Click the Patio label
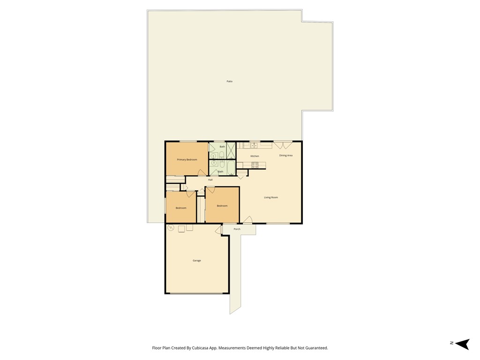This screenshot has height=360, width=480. pyautogui.click(x=230, y=82)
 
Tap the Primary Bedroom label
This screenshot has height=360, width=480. pyautogui.click(x=187, y=160)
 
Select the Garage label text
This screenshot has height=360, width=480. pyautogui.click(x=197, y=261)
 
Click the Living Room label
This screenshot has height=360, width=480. pyautogui.click(x=271, y=197)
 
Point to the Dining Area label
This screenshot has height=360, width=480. pyautogui.click(x=286, y=155)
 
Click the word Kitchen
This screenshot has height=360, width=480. pyautogui.click(x=255, y=156)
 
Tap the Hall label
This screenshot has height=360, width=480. pyautogui.click(x=210, y=180)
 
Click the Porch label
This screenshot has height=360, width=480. pyautogui.click(x=237, y=229)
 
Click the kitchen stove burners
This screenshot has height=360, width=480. pyautogui.click(x=255, y=165)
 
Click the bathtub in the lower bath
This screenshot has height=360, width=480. pyautogui.click(x=231, y=168)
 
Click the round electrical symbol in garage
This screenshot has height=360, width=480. pyautogui.click(x=171, y=228)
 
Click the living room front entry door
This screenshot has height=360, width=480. pyautogui.click(x=247, y=220)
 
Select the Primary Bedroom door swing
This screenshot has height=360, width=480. pyautogui.click(x=201, y=172)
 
